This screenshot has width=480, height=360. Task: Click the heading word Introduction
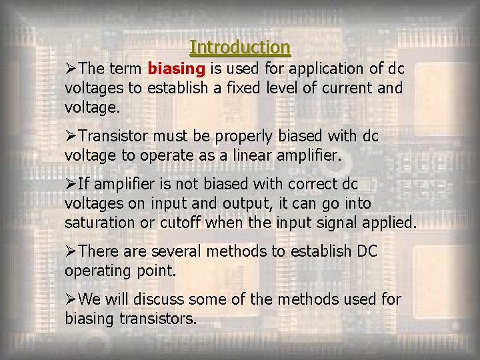tap(240, 47)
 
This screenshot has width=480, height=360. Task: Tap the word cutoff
tap(181, 222)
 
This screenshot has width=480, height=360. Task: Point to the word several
tap(177, 251)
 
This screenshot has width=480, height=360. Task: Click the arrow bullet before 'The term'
tap(71, 69)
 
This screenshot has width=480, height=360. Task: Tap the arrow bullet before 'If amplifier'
tap(71, 183)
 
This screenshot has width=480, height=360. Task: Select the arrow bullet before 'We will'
tap(71, 299)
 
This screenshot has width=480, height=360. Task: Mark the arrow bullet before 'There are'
tap(71, 251)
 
